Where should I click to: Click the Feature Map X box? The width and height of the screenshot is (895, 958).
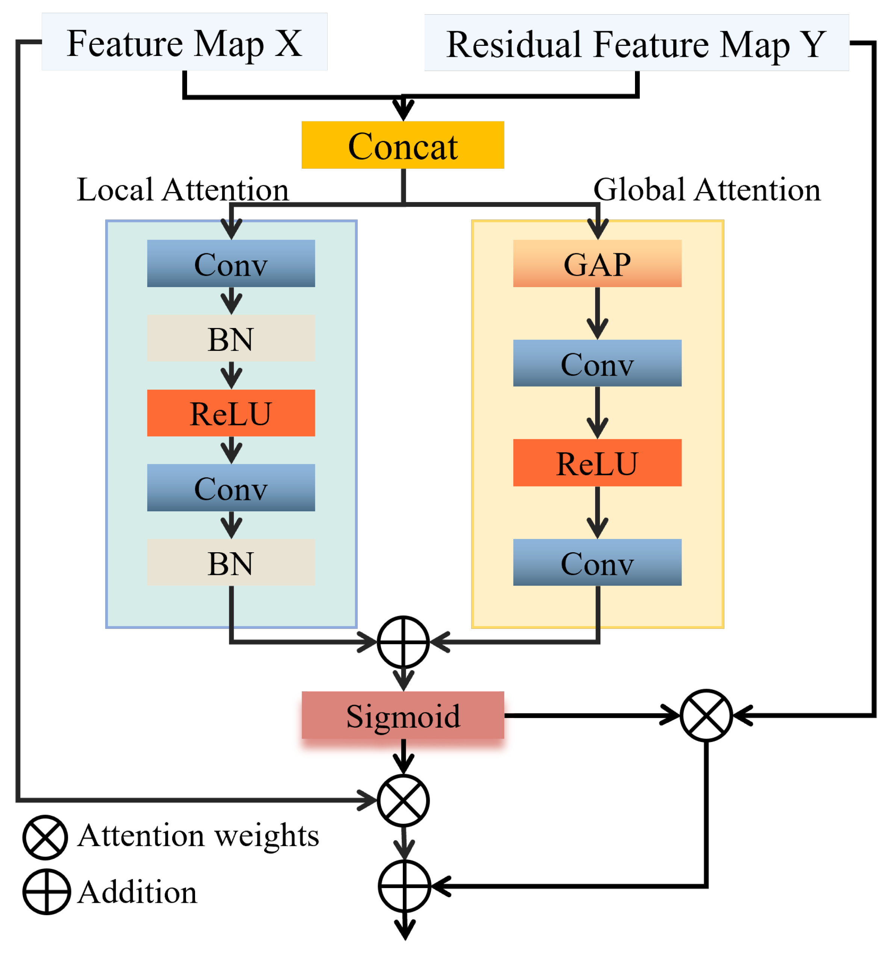point(184,42)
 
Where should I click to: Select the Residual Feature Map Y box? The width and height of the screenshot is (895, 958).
point(636,43)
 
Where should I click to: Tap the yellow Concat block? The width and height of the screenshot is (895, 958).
point(403,145)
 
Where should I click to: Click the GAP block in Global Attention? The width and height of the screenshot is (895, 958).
point(597,264)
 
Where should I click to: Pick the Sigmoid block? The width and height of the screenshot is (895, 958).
point(403,715)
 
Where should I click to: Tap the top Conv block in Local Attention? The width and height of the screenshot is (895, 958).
point(231,264)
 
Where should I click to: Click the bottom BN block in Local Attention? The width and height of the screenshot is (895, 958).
point(231,562)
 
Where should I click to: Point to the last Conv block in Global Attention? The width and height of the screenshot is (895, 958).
point(597,562)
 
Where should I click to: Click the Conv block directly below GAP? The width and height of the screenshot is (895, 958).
point(597,363)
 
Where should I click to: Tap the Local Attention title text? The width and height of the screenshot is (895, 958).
point(183,189)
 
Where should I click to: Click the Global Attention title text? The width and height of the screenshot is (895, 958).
point(706,189)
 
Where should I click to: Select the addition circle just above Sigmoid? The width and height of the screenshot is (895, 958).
point(403,642)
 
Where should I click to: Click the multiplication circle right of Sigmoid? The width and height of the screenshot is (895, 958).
point(706,715)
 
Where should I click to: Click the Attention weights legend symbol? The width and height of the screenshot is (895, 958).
point(45,837)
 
